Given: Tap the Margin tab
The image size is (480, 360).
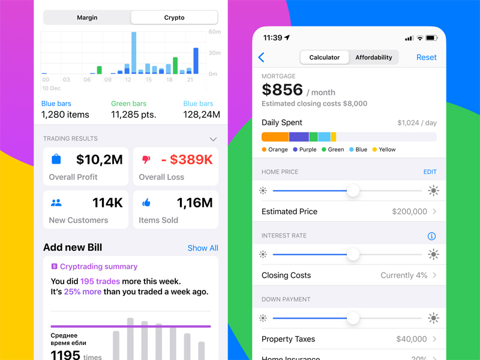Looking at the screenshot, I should (x=87, y=18).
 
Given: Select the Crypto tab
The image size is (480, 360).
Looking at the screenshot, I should (x=174, y=18).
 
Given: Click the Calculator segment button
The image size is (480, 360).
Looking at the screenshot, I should (x=325, y=58).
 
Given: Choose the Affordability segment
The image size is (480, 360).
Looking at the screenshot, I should (x=373, y=58).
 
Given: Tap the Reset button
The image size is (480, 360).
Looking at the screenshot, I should (x=427, y=58).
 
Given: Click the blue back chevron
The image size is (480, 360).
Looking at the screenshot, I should (x=262, y=58).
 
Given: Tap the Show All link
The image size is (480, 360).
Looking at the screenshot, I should (x=203, y=248).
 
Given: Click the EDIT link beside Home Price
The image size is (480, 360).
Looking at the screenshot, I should (x=430, y=172).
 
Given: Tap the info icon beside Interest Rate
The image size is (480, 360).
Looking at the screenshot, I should (x=431, y=236).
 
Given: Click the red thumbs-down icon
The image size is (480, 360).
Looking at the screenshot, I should (x=146, y=160).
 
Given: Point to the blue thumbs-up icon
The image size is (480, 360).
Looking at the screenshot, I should (x=146, y=203).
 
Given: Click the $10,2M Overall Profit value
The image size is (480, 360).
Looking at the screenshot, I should (x=100, y=160).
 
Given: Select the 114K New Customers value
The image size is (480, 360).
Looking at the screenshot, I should (x=107, y=203).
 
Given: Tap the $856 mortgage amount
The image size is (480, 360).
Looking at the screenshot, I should (x=283, y=90).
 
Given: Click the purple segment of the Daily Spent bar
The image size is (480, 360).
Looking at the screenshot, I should (x=299, y=137).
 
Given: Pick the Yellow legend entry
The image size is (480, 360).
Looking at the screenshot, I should (x=384, y=149).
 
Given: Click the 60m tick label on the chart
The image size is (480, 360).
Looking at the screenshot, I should (x=214, y=32).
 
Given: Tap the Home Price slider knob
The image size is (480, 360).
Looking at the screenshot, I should (x=353, y=191).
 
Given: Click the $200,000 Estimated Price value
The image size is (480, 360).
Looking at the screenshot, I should (x=409, y=212).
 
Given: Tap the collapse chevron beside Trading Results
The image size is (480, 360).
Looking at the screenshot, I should (x=213, y=139).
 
